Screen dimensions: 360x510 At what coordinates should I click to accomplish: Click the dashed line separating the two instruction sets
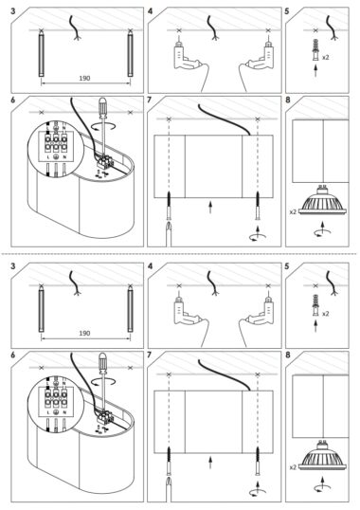tap(179, 254)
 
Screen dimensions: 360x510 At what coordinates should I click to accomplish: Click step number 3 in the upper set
tap(13, 11)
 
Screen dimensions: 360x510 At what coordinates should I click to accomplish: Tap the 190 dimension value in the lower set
tap(84, 334)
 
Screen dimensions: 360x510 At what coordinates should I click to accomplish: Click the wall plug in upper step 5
tap(315, 49)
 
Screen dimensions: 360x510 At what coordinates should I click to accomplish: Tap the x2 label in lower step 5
tap(326, 314)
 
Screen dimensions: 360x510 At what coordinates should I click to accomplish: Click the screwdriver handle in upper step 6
tap(103, 107)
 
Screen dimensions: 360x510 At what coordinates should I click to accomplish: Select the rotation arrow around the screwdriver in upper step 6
tap(104, 127)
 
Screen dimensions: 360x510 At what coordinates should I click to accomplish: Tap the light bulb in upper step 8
tap(323, 200)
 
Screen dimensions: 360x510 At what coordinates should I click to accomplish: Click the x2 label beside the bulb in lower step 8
tap(293, 467)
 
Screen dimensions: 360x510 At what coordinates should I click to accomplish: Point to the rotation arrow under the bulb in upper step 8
tap(322, 232)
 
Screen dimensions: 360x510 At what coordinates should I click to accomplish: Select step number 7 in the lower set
tap(150, 355)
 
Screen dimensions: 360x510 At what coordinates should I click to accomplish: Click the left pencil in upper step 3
tap(42, 53)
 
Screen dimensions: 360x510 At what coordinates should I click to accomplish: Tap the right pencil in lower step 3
tap(131, 308)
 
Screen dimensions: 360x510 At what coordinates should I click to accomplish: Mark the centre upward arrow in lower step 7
tap(210, 463)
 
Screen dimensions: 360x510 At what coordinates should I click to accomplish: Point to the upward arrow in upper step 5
tap(315, 70)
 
